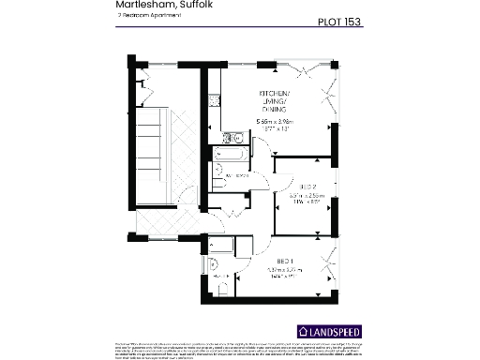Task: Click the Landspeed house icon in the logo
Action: click(x=302, y=331)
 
